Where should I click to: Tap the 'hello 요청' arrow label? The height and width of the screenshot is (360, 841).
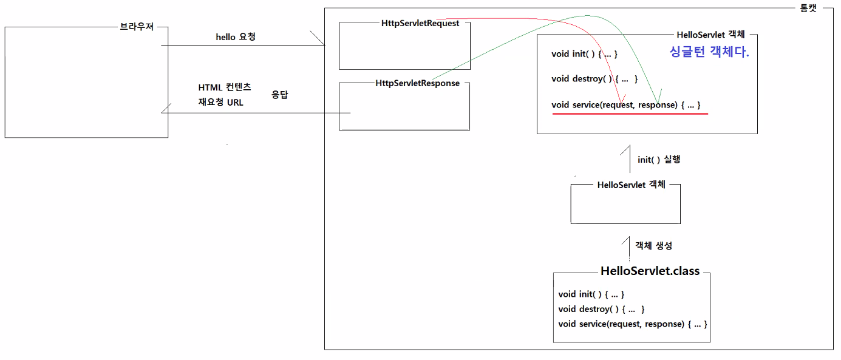pyautogui.click(x=236, y=37)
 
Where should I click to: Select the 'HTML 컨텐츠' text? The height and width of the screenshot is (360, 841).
pyautogui.click(x=224, y=87)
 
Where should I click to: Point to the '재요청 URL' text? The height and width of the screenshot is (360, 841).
pyautogui.click(x=220, y=102)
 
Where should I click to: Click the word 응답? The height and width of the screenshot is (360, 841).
pyautogui.click(x=279, y=95)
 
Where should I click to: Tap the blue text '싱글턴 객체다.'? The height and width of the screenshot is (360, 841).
pyautogui.click(x=709, y=52)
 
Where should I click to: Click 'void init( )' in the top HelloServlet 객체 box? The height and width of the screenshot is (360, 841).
pyautogui.click(x=584, y=54)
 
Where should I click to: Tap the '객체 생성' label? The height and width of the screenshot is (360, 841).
pyautogui.click(x=653, y=246)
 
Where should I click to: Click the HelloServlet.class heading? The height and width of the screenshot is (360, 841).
pyautogui.click(x=650, y=271)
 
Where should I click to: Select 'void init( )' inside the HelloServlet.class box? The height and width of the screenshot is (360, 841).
pyautogui.click(x=591, y=294)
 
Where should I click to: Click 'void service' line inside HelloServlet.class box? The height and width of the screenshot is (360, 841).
pyautogui.click(x=632, y=324)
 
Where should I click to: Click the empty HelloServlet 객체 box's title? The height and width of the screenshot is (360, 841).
pyautogui.click(x=632, y=185)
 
